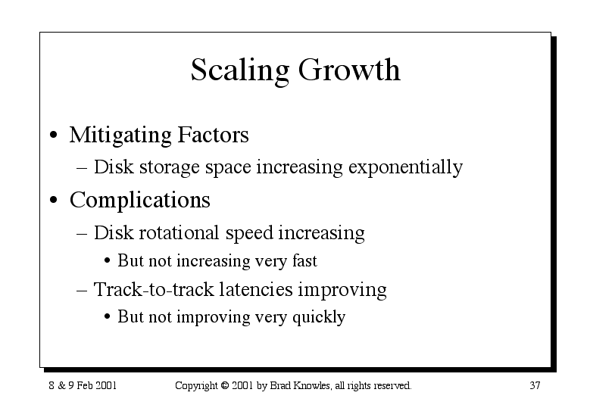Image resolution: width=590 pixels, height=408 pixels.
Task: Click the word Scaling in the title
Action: point(240,70)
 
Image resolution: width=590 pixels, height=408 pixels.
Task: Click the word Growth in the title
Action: point(349,70)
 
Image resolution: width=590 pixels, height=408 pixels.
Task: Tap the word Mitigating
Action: point(120,135)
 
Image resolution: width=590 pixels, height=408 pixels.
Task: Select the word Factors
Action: point(213,134)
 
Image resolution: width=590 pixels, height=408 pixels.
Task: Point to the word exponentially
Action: point(406,167)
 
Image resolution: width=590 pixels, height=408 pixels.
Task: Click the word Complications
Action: point(140,200)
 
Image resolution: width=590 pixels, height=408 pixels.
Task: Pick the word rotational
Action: point(179,232)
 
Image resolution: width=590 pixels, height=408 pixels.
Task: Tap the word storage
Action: point(170,168)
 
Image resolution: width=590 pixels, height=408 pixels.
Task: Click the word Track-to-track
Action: point(154,289)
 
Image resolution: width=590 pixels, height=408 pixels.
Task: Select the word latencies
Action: point(256,289)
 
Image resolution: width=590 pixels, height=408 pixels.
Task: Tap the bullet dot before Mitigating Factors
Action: point(54,135)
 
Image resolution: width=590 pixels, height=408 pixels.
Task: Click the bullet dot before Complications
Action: point(54,200)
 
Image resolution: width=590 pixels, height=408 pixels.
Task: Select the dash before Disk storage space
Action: point(82,168)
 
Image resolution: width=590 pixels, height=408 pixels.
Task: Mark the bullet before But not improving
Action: point(108,316)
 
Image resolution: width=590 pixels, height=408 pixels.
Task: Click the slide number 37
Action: point(535,385)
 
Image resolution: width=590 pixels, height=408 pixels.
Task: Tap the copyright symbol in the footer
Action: point(225,385)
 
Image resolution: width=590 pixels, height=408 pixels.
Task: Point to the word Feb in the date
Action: point(86,385)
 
